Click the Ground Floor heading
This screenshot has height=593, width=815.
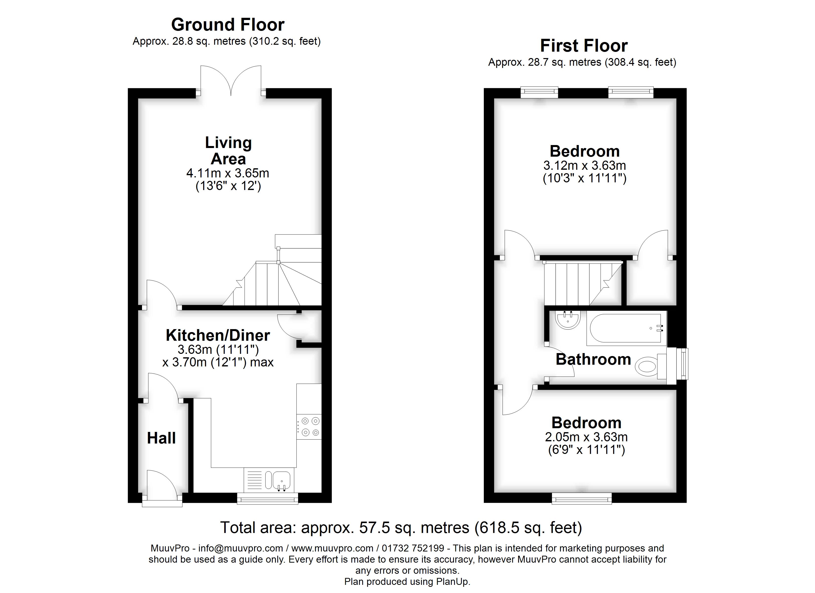[x=227, y=25]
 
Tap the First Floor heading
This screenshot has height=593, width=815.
[x=584, y=46]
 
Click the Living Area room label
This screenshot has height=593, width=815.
[x=228, y=151]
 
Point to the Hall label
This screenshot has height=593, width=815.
[x=161, y=438]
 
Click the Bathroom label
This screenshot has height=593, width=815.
[x=593, y=359]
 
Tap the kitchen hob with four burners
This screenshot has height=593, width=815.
[x=309, y=426]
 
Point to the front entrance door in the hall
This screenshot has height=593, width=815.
[x=162, y=486]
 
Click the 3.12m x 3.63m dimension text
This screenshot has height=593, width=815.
[x=585, y=165]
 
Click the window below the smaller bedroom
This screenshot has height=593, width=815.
[x=581, y=498]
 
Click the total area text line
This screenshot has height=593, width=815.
[x=401, y=528]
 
